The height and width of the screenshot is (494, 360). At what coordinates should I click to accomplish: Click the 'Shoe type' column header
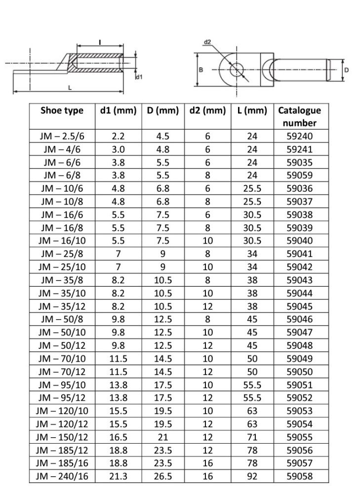pyautogui.click(x=62, y=111)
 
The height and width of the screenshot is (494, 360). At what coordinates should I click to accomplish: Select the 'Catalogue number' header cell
pyautogui.click(x=299, y=117)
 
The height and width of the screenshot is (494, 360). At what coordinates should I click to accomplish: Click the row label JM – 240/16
pyautogui.click(x=62, y=477)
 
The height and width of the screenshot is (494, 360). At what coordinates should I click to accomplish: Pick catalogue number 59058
pyautogui.click(x=299, y=477)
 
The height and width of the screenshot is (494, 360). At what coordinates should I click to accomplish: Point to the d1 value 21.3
pyautogui.click(x=118, y=477)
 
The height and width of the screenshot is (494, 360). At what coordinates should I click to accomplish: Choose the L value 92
pyautogui.click(x=252, y=477)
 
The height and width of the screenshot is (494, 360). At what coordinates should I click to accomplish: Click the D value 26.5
pyautogui.click(x=162, y=477)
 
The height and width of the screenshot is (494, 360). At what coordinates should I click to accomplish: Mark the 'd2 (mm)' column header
pyautogui.click(x=207, y=111)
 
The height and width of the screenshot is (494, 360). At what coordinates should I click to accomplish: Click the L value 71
pyautogui.click(x=252, y=437)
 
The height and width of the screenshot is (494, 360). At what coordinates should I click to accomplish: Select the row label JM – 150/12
pyautogui.click(x=62, y=437)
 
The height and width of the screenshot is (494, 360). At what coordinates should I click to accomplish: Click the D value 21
pyautogui.click(x=162, y=437)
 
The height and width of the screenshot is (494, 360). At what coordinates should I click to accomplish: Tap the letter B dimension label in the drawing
pyautogui.click(x=200, y=70)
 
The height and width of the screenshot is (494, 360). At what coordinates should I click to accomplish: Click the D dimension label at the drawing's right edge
pyautogui.click(x=346, y=70)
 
